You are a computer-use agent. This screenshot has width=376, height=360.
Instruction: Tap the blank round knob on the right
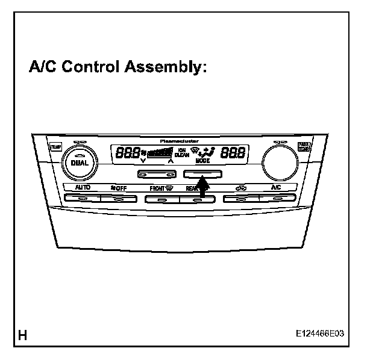[x=280, y=161]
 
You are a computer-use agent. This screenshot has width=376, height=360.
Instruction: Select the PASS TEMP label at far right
[x=304, y=146]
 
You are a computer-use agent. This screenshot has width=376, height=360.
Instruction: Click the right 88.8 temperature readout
[x=233, y=154]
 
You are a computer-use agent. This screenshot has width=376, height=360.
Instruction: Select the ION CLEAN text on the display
[x=182, y=154]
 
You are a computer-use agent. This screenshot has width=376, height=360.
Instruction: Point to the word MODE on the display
[x=202, y=162]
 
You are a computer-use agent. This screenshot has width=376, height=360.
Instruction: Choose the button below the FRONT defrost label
[x=160, y=199]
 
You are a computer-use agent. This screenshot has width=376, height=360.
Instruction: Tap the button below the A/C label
[x=275, y=199]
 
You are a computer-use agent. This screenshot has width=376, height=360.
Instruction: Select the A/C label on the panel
[x=275, y=188]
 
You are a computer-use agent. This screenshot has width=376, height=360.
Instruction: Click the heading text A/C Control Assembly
[x=117, y=67]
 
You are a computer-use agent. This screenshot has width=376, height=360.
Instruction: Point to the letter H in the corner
[x=23, y=335]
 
